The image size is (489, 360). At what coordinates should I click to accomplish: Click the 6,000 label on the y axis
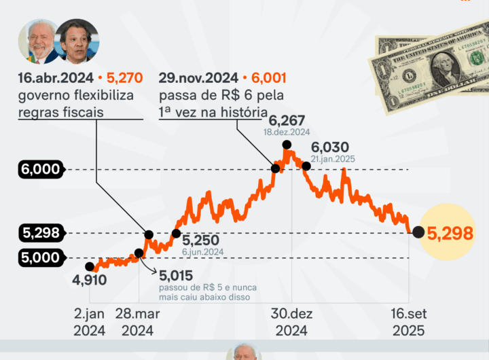coord(41,169)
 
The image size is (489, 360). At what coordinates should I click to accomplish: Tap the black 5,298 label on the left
coord(41,233)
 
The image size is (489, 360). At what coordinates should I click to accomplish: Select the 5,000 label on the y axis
coord(41,258)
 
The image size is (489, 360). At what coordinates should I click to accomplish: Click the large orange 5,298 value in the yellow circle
coord(446,233)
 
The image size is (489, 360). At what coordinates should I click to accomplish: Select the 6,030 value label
coord(330,147)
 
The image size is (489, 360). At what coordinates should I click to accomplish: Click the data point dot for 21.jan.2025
coord(306,165)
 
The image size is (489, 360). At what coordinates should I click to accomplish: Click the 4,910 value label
coord(89,280)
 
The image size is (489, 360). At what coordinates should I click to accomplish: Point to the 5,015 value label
coord(177,276)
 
